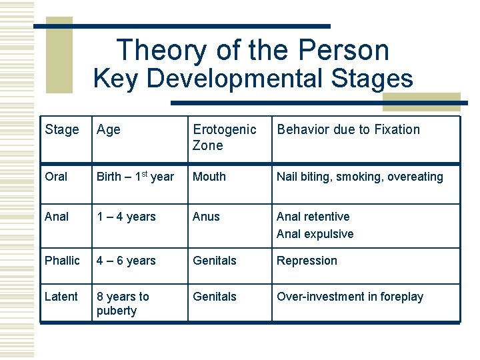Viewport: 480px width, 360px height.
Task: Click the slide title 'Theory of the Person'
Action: (x=253, y=50)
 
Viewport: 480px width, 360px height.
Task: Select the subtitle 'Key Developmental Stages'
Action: (x=253, y=79)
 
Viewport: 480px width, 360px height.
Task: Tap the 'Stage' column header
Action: (x=61, y=129)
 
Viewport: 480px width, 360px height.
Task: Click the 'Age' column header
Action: (x=108, y=129)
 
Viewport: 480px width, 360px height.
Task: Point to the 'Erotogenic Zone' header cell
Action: (x=224, y=137)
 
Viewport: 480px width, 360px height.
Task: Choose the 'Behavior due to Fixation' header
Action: (x=349, y=129)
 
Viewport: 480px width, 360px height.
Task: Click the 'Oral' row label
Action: (x=56, y=177)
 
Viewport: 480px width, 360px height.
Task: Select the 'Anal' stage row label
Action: (x=57, y=217)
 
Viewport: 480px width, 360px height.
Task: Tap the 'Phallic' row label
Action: (x=62, y=261)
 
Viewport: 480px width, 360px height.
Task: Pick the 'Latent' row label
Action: (x=61, y=297)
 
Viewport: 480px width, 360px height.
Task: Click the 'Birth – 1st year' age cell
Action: (x=135, y=177)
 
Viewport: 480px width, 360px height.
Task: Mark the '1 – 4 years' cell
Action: (x=126, y=217)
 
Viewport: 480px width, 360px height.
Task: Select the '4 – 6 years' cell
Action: (x=126, y=261)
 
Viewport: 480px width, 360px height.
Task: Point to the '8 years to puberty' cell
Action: (x=123, y=303)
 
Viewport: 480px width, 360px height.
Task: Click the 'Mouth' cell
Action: (x=209, y=177)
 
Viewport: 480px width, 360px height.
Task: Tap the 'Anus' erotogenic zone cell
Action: (x=206, y=217)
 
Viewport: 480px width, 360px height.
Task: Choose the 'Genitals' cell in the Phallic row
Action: (x=215, y=261)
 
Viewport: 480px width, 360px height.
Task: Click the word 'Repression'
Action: (x=307, y=261)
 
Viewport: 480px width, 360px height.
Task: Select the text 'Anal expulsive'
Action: (x=315, y=234)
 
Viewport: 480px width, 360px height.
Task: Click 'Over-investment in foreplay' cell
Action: (x=350, y=297)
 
